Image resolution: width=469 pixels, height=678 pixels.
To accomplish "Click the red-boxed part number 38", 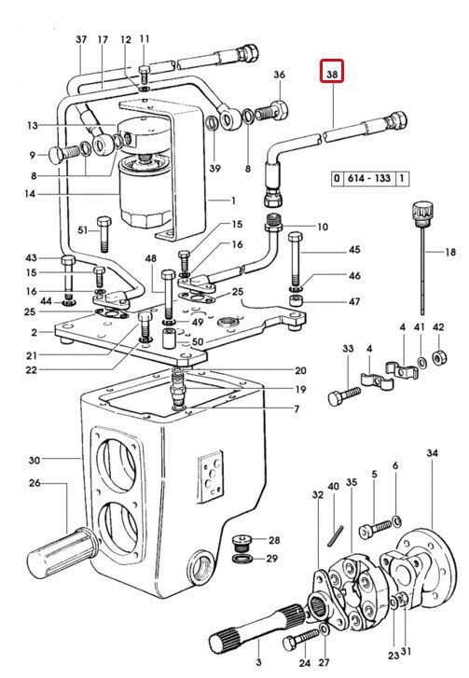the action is point(332,75).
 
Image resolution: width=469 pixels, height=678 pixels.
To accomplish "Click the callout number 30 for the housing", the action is point(34,460).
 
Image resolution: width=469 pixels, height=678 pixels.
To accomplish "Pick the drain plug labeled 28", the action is point(243,541).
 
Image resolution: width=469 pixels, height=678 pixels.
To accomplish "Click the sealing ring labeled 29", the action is point(243,559).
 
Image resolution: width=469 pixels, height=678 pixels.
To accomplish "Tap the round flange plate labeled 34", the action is point(428,562).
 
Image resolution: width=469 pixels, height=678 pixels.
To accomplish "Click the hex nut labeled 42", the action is point(440,357).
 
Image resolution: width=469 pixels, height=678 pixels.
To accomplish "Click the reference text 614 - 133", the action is point(368,178).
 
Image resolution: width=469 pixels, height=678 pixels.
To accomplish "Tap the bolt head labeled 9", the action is point(65,154).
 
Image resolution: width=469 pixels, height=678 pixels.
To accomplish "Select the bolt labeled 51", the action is point(104,234).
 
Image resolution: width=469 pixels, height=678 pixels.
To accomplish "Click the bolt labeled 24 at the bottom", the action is point(301,640).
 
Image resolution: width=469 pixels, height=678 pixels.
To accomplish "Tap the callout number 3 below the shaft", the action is point(258,662).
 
